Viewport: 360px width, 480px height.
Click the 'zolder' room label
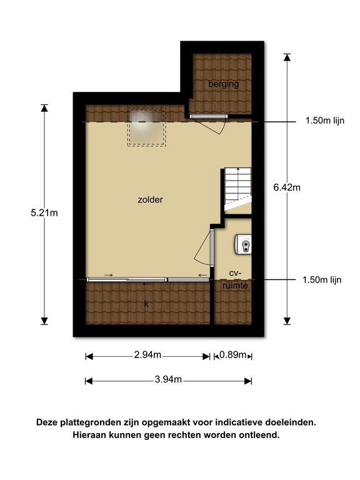coord(151,200)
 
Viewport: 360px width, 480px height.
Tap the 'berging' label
coord(224,84)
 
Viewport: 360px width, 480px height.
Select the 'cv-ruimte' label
coord(235,279)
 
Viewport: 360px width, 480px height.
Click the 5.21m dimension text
coord(44,213)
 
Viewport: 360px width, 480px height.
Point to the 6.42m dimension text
coord(287,186)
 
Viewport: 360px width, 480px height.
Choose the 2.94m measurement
coord(147,356)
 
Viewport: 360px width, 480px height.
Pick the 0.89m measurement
coord(233,356)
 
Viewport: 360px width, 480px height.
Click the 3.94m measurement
coord(168,380)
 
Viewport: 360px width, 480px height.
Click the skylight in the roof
coord(147,127)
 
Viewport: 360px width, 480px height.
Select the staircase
coord(237,186)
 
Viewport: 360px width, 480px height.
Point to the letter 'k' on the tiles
coord(146,304)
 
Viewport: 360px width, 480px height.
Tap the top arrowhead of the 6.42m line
coord(287,57)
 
